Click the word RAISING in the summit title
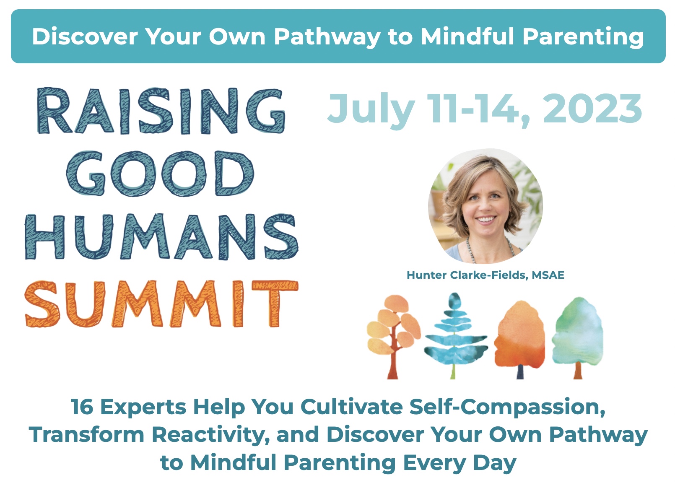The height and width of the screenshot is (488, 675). pos(161,111)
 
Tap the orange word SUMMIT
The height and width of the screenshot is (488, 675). pos(161,304)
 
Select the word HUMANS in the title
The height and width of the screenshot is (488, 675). pos(161,236)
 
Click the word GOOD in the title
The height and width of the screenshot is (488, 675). pos(160,174)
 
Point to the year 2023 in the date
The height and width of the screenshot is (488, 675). pos(592,109)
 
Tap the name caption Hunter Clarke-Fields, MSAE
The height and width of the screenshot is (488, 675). pos(485,275)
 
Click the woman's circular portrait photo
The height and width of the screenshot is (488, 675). pos(485,206)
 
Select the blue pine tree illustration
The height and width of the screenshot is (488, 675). pos(456,335)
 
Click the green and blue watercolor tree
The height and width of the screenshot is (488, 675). pos(577,337)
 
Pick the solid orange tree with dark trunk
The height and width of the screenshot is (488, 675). pos(519,340)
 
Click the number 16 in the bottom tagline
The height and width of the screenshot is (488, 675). pos(82,407)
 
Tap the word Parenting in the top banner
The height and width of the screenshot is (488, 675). pos(583,37)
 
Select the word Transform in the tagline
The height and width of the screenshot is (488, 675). pos(86,435)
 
